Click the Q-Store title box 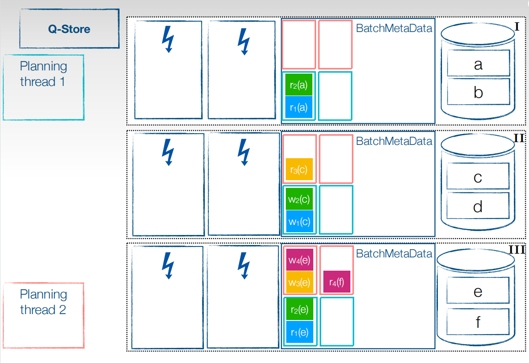(x=69, y=29)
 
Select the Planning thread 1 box (x=44, y=87)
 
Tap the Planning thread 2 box (x=44, y=315)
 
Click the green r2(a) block (x=299, y=85)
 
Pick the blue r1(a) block (x=299, y=107)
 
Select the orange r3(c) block (x=299, y=169)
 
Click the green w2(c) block (x=299, y=199)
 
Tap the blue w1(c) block (x=299, y=222)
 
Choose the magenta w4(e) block (x=300, y=260)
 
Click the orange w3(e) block (x=300, y=282)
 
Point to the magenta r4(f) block (x=337, y=282)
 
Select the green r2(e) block (x=300, y=310)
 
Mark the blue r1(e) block (x=300, y=332)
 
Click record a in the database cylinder (x=479, y=63)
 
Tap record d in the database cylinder (x=478, y=206)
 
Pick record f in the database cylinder (x=478, y=321)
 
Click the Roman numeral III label (x=517, y=250)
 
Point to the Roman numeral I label (x=517, y=26)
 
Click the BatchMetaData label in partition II (x=394, y=141)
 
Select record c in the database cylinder (x=478, y=176)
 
